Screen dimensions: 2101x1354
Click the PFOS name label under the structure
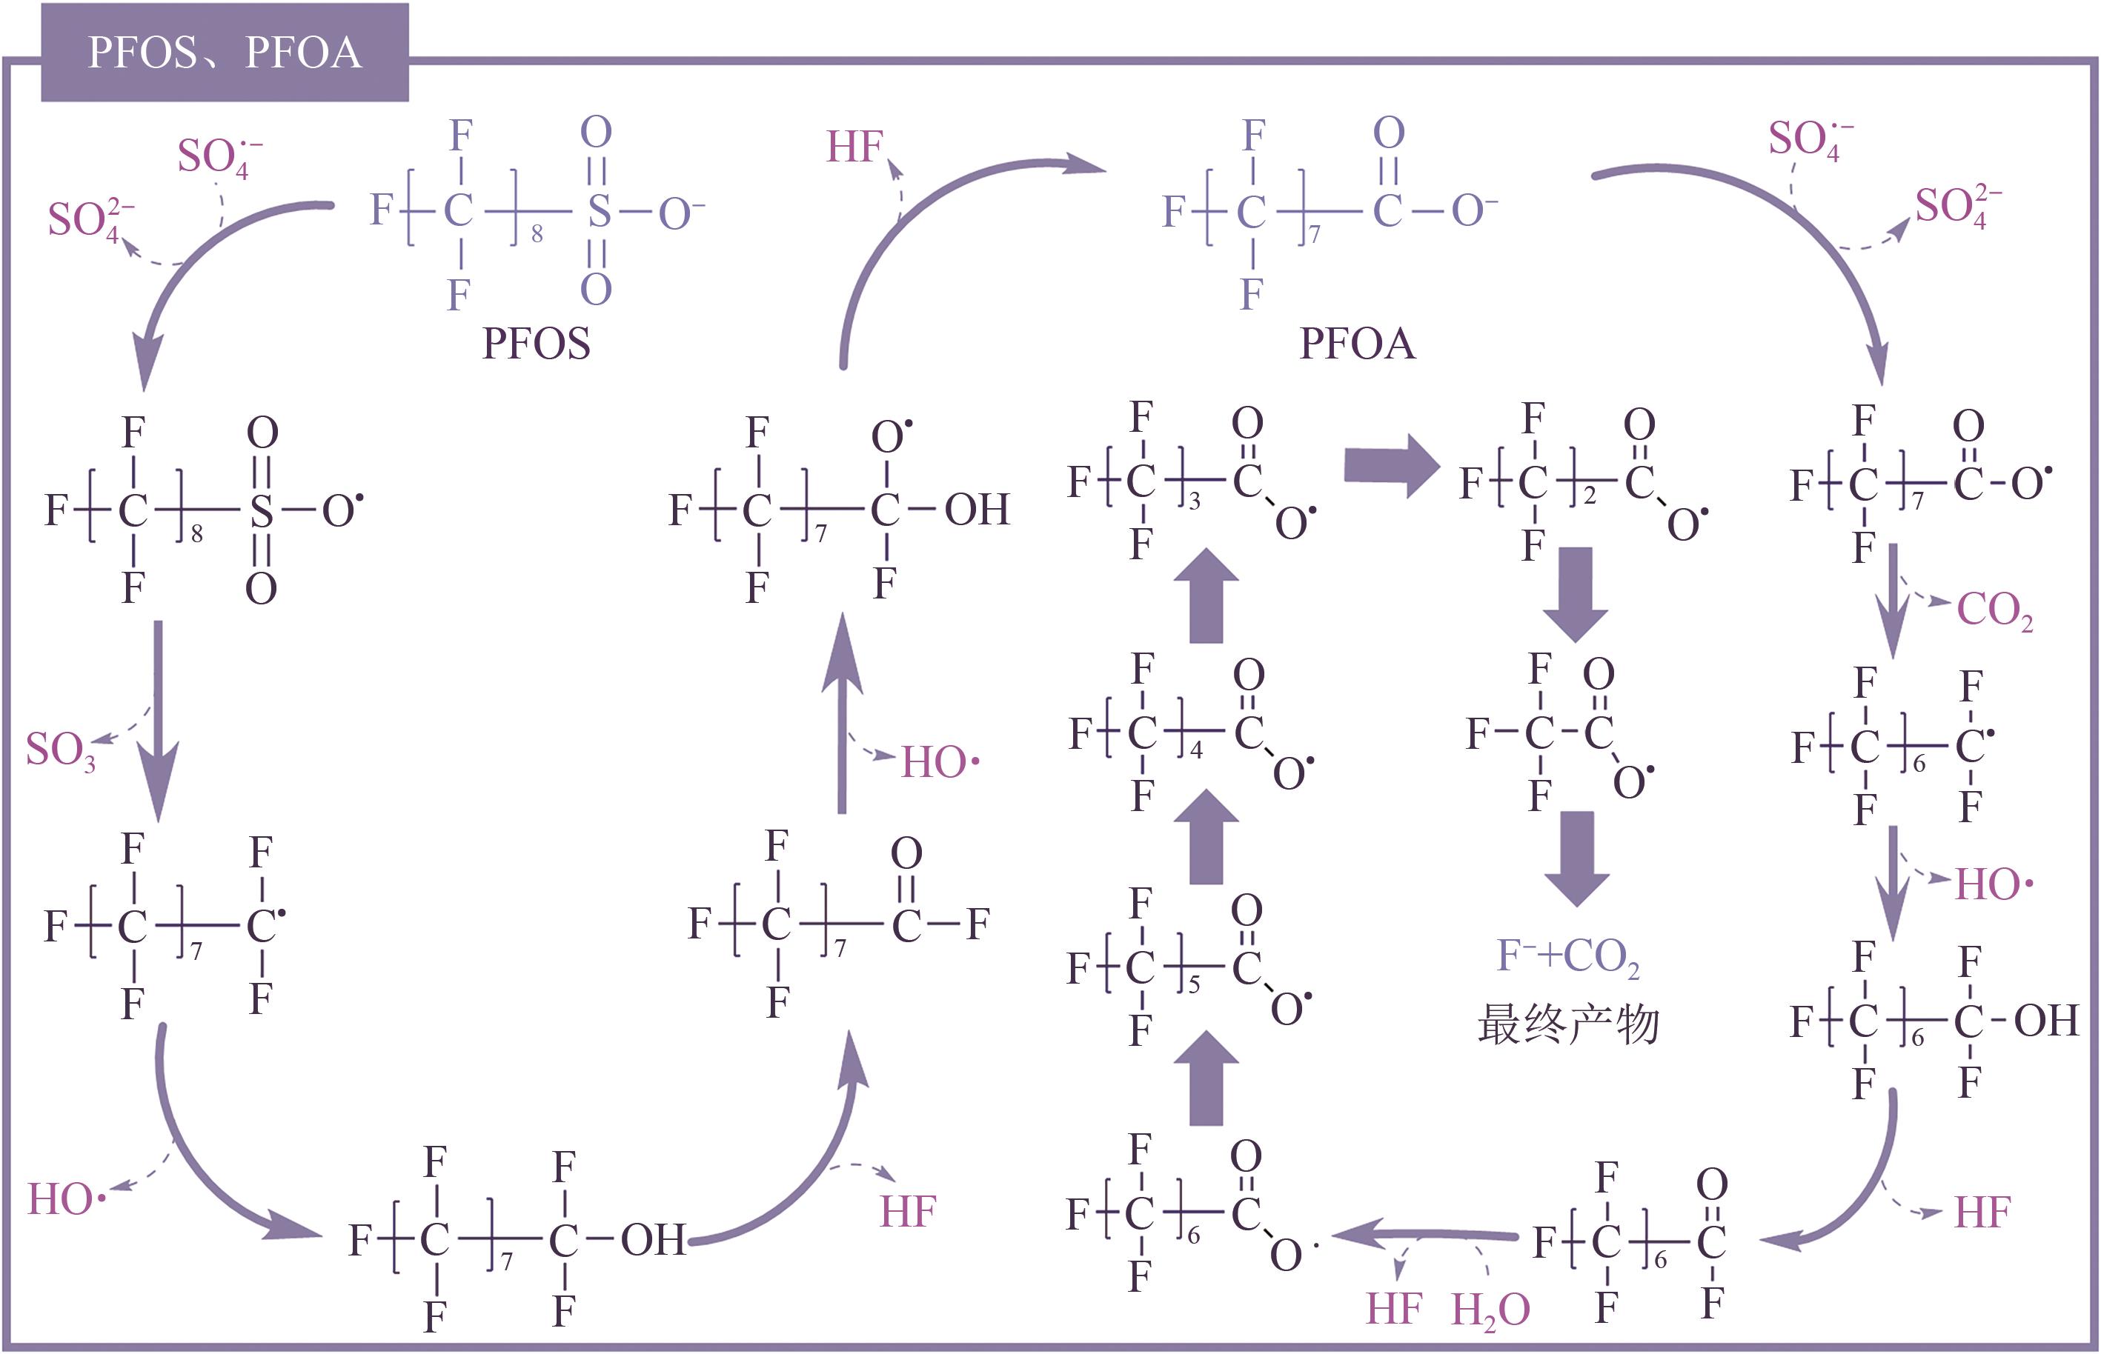[536, 343]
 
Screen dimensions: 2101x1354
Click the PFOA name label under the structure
[1358, 343]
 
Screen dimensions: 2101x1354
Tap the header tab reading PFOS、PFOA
[225, 53]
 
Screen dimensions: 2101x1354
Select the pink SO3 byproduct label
[61, 752]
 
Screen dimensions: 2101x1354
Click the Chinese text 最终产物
[1568, 1024]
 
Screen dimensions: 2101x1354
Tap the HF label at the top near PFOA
[854, 147]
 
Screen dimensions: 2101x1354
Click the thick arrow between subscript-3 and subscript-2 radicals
[1391, 466]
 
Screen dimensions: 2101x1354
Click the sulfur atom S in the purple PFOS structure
[599, 211]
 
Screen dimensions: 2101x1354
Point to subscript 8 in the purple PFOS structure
[537, 234]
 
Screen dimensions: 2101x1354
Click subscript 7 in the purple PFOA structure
[1315, 234]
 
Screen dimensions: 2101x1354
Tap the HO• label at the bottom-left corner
[67, 1199]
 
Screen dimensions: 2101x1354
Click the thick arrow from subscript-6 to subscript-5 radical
[1207, 1078]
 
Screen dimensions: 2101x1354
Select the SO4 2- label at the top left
[91, 220]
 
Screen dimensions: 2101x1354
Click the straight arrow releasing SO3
[159, 721]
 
